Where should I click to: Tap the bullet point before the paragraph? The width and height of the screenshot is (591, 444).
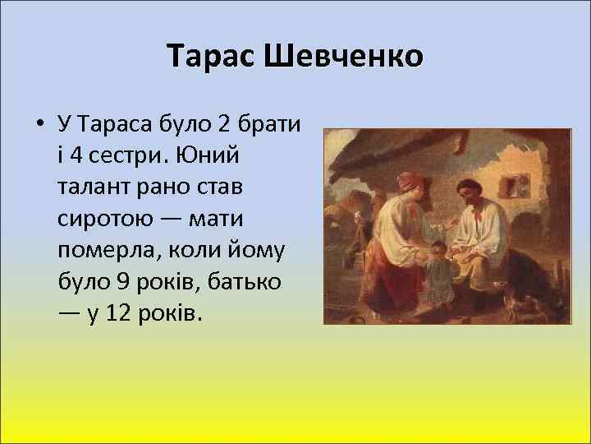[39, 126]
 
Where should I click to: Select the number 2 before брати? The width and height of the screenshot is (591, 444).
[224, 125]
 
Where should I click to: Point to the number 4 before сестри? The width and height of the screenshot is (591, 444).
[78, 155]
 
